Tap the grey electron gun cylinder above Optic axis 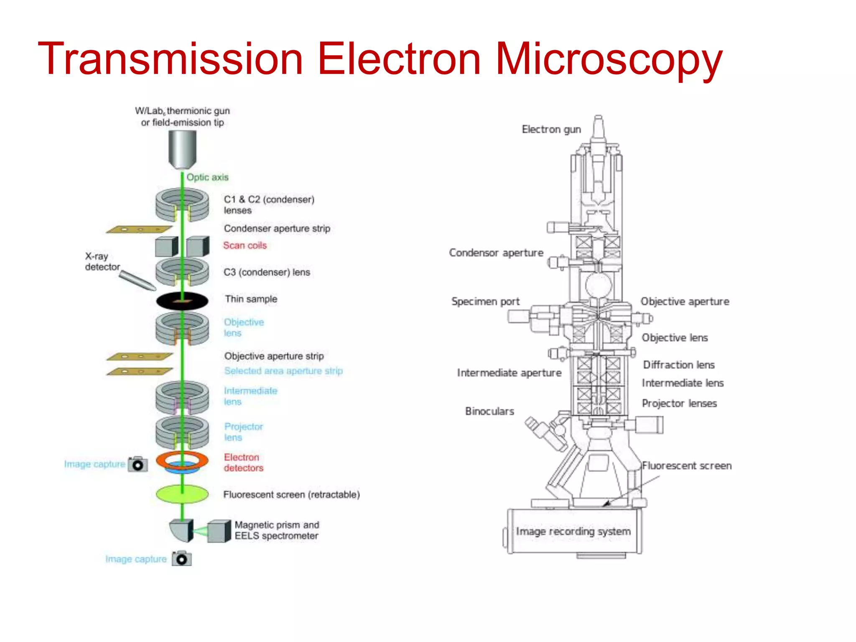[x=182, y=149]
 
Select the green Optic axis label [x=207, y=177]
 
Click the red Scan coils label [x=245, y=245]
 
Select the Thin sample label [x=251, y=299]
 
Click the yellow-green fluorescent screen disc [x=182, y=494]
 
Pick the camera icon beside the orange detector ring [x=138, y=464]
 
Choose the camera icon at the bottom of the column [x=182, y=559]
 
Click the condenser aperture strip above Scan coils [x=139, y=229]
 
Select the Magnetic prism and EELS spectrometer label [x=276, y=530]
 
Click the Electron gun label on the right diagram [x=551, y=130]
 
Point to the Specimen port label [x=485, y=301]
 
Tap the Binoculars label [x=489, y=411]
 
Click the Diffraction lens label [x=679, y=365]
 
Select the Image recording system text [x=573, y=531]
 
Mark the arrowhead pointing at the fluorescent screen [x=606, y=504]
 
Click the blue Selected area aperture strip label [x=283, y=371]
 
